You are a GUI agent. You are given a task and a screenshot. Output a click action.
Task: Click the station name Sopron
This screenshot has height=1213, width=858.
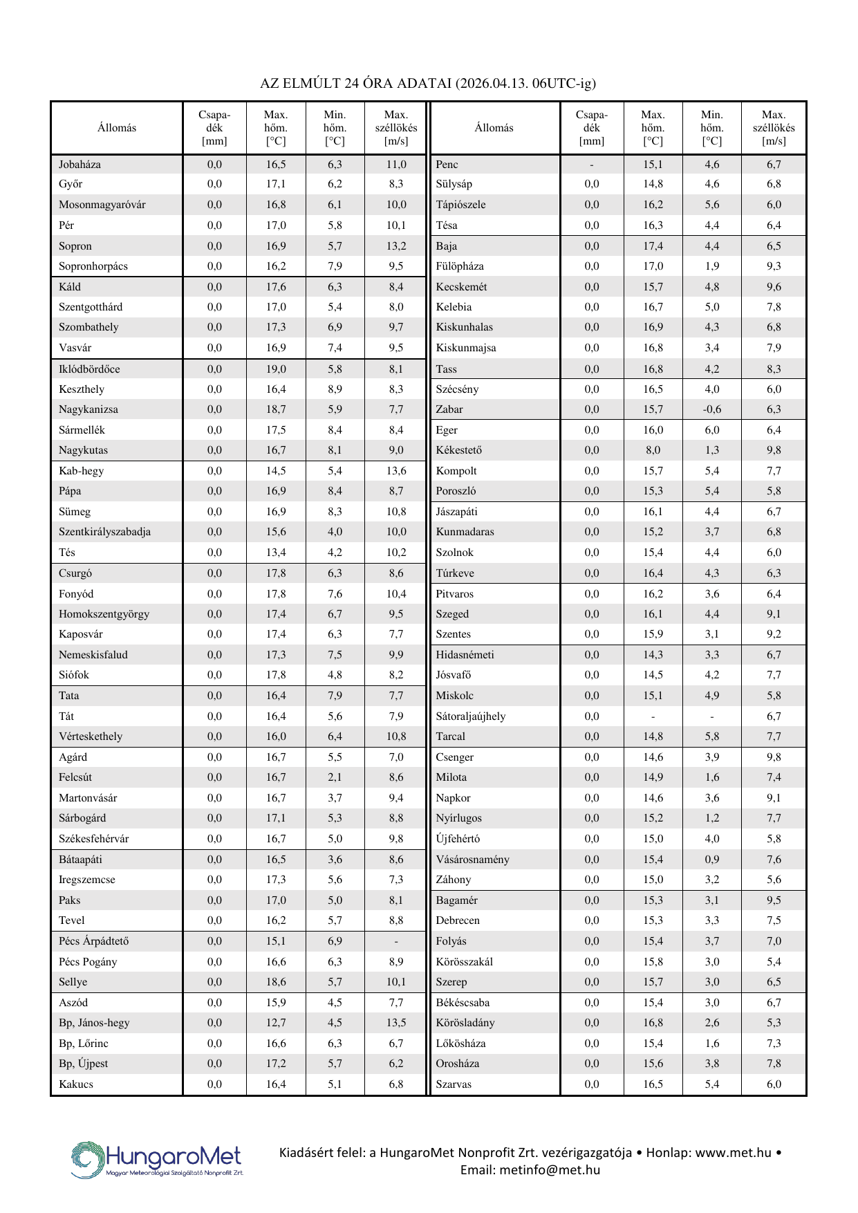[x=75, y=246]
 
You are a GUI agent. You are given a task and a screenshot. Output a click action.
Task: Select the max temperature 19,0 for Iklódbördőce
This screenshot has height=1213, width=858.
[x=276, y=369]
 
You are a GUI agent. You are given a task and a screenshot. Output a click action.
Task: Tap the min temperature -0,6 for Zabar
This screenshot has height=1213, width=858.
[x=711, y=409]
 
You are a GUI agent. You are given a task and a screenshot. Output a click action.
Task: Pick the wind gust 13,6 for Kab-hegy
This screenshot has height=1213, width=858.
[x=396, y=471]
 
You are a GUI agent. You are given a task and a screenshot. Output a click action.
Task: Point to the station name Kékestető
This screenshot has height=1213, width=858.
[x=458, y=450]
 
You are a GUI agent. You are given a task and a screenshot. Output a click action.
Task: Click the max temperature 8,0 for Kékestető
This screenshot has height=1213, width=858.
[x=653, y=450]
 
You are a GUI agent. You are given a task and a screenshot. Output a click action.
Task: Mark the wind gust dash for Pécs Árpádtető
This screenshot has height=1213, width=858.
[x=396, y=942]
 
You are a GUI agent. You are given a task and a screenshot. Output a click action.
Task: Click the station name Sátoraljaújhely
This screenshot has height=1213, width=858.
[x=470, y=716]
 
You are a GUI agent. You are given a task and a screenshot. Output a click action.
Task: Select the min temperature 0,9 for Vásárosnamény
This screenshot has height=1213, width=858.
[x=711, y=860]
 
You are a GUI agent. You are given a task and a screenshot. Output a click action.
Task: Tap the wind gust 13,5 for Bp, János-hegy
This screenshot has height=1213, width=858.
[x=396, y=1023]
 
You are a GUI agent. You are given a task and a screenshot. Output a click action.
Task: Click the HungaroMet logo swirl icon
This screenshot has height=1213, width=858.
[x=87, y=1159]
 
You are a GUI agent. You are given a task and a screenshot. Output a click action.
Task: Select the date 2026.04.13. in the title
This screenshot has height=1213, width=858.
[x=493, y=84]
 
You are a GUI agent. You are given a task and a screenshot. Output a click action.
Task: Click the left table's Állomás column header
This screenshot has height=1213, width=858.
[x=117, y=128]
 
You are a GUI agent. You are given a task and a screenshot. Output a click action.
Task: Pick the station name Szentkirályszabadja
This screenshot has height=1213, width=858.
[x=104, y=532]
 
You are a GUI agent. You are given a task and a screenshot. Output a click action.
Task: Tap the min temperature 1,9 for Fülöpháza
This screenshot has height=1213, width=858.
[x=711, y=266]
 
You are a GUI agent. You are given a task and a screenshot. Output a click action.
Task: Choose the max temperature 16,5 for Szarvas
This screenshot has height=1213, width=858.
[x=653, y=1084]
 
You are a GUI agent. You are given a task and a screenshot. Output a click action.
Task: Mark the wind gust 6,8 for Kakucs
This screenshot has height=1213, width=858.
[x=396, y=1084]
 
